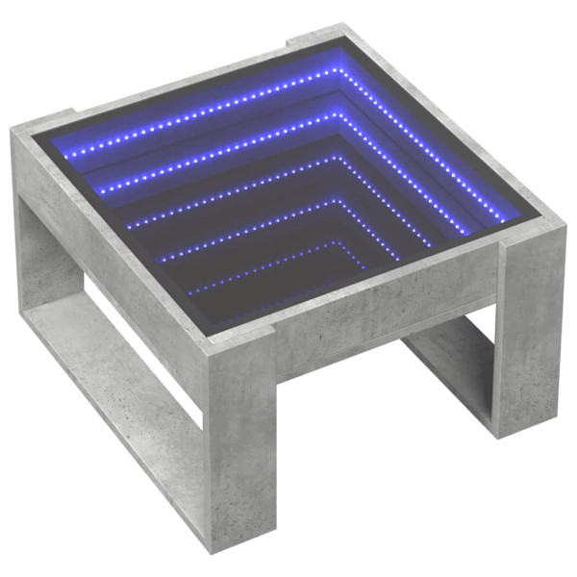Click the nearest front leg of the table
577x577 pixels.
tap(235, 452)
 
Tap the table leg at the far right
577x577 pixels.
tap(529, 327)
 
